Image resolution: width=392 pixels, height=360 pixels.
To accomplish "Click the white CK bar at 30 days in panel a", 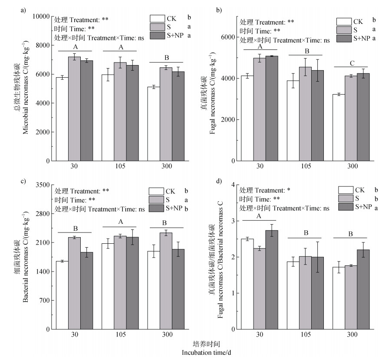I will click(62, 119).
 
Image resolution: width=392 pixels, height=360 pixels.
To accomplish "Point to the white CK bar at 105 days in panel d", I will click(293, 295).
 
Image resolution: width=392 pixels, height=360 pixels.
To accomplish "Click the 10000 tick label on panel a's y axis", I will click(41, 16).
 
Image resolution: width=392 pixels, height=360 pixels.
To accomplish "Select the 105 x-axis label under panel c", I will click(120, 335).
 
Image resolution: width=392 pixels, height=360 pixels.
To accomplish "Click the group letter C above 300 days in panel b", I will click(351, 63).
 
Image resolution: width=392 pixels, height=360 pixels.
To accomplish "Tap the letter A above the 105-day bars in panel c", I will click(120, 222).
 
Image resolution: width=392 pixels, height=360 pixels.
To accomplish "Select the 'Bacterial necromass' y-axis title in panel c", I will click(26, 257).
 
